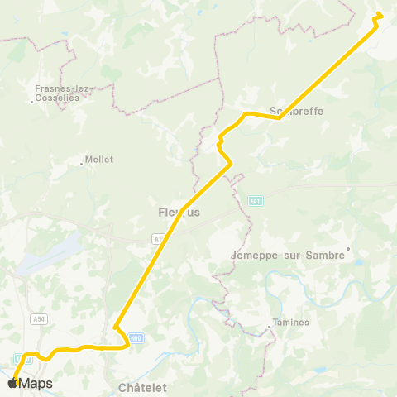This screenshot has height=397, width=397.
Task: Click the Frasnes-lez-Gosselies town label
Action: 57,88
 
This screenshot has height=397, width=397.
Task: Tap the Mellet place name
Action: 99,160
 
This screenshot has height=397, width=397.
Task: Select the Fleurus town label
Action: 175,213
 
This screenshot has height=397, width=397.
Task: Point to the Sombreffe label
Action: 297,111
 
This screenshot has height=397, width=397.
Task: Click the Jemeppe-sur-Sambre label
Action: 289,255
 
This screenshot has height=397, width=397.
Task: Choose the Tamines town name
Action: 290,323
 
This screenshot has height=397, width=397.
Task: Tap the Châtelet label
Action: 142,387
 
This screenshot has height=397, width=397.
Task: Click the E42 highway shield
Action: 256,200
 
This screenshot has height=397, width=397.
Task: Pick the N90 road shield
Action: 136,337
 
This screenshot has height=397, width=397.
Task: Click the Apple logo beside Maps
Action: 12,383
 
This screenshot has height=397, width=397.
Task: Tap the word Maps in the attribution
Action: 36,383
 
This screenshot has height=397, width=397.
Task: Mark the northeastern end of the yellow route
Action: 379,14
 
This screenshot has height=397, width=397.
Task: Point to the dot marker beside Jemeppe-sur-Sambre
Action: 348,247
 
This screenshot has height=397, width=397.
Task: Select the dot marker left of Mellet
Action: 81,164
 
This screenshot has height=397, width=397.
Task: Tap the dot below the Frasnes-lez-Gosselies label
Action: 31,102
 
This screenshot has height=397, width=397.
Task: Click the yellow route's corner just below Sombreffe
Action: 279,117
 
